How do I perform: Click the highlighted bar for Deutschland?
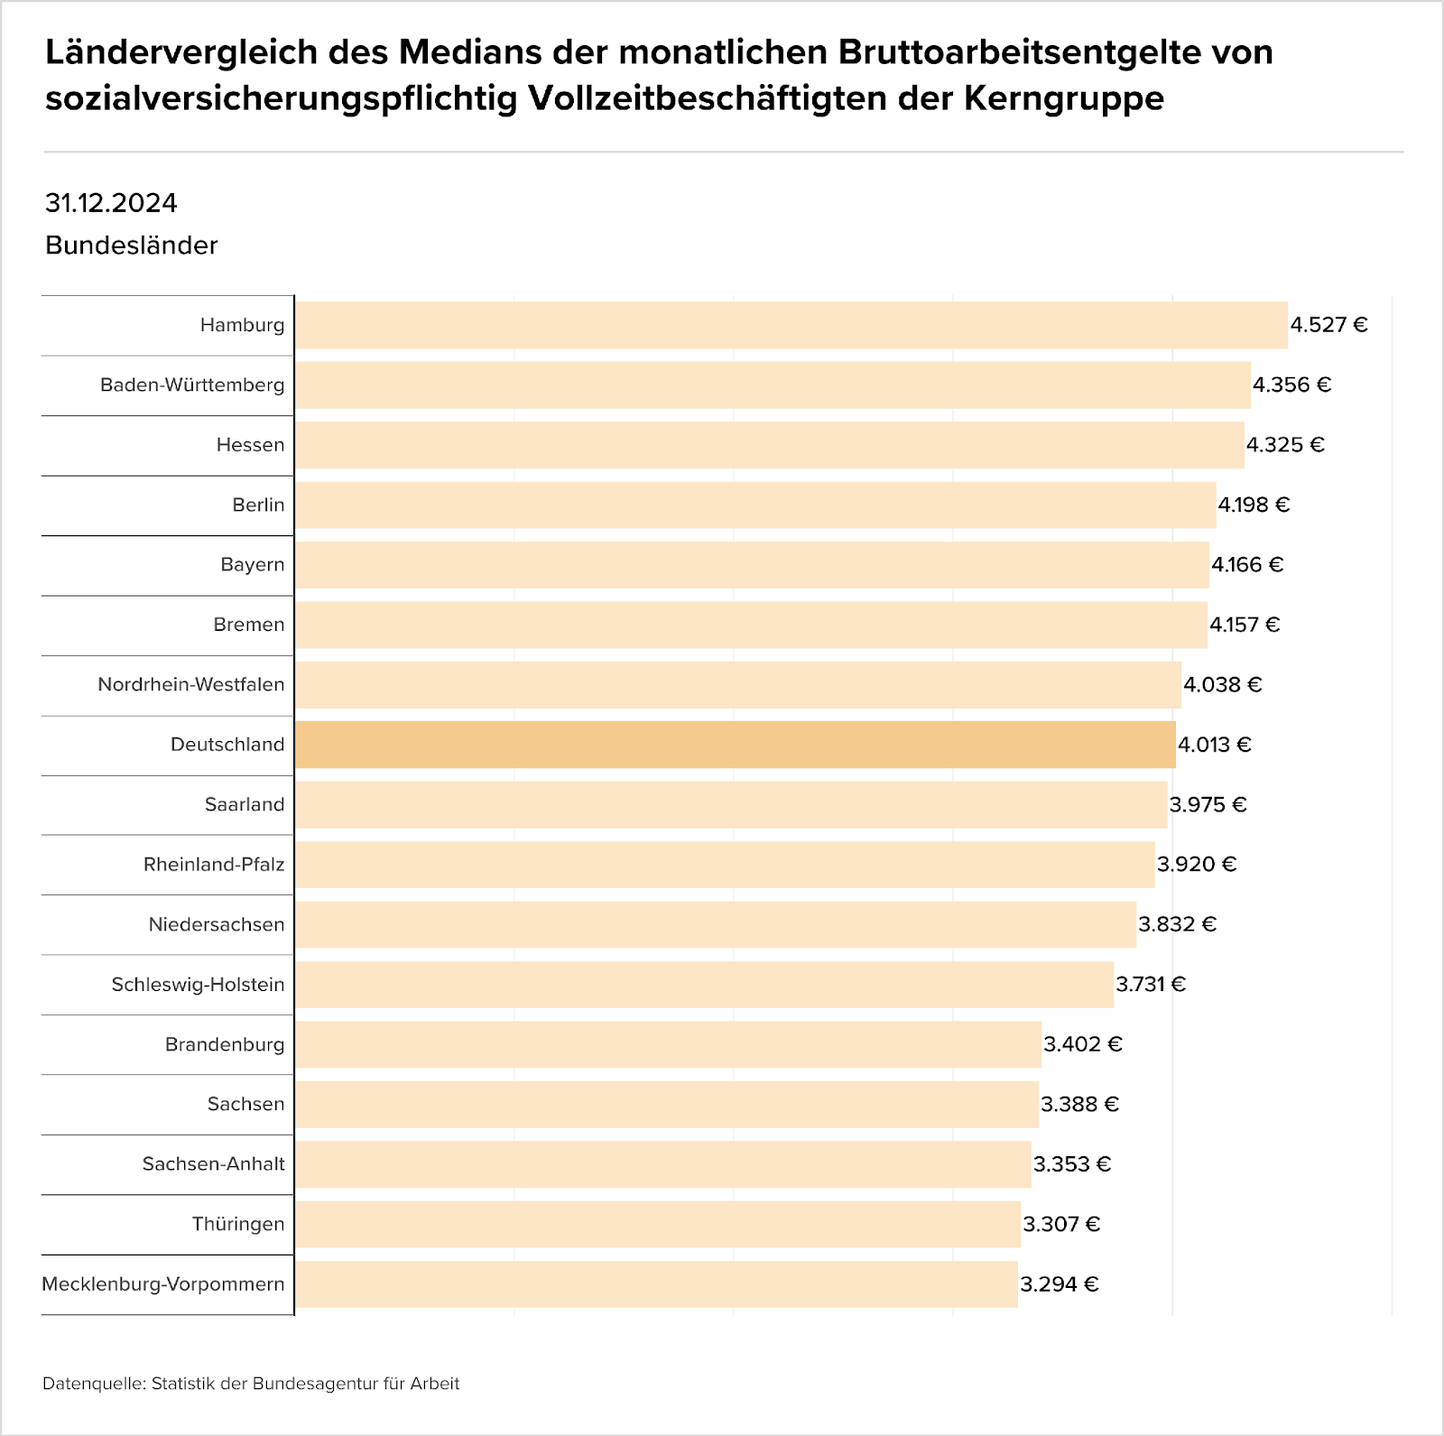pyautogui.click(x=735, y=745)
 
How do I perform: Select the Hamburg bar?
pyautogui.click(x=791, y=325)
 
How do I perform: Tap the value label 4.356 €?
pyautogui.click(x=1291, y=384)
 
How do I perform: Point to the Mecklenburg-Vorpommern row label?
pyautogui.click(x=163, y=1283)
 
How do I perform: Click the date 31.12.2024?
pyautogui.click(x=111, y=203)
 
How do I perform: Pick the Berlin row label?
pyautogui.click(x=258, y=505)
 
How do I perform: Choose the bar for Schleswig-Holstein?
pyautogui.click(x=704, y=984)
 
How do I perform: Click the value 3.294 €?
pyautogui.click(x=1059, y=1283)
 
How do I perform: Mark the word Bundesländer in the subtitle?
pyautogui.click(x=132, y=246)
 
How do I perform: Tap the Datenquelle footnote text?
pyautogui.click(x=251, y=1384)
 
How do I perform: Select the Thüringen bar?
pyautogui.click(x=657, y=1224)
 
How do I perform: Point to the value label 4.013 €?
pyautogui.click(x=1214, y=745)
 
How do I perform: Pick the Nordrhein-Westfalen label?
pyautogui.click(x=191, y=684)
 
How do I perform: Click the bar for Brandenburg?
pyautogui.click(x=668, y=1044)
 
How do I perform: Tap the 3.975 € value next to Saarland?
pyautogui.click(x=1208, y=804)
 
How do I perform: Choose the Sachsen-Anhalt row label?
pyautogui.click(x=214, y=1163)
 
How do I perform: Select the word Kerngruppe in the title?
pyautogui.click(x=1063, y=97)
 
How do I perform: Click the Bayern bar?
pyautogui.click(x=752, y=565)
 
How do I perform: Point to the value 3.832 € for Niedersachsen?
pyautogui.click(x=1177, y=924)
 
